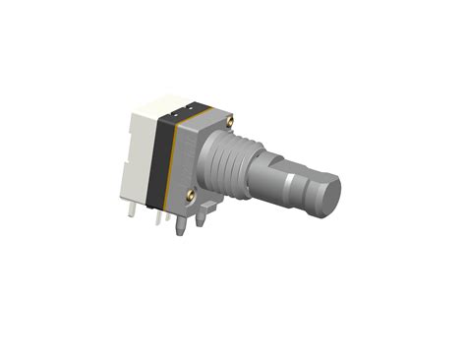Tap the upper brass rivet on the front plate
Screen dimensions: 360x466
[x=230, y=120]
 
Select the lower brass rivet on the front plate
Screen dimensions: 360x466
[x=187, y=196]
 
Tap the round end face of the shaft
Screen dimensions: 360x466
[x=327, y=196]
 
